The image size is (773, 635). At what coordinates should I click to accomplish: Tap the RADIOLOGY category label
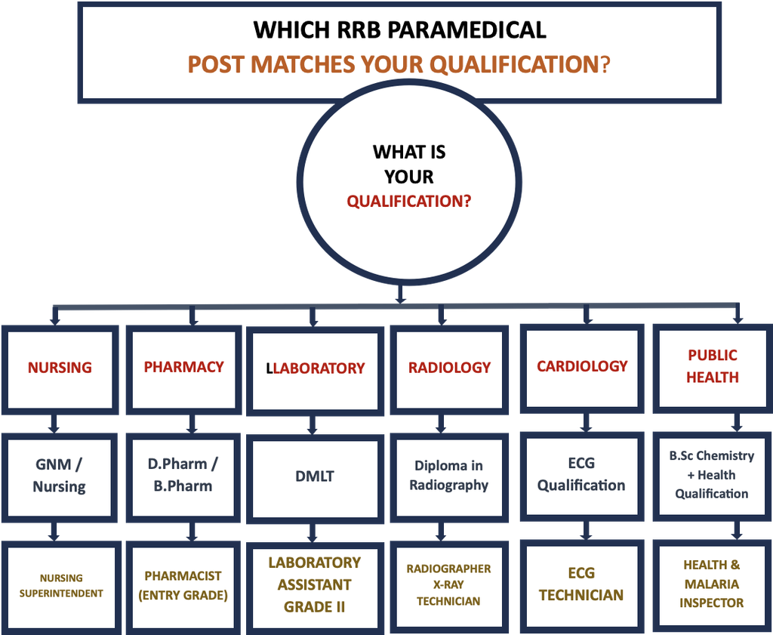449,367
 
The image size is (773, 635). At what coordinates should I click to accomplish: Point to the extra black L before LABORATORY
269,368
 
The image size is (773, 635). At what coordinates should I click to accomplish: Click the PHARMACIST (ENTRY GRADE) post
183,586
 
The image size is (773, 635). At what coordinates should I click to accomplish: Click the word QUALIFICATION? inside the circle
408,202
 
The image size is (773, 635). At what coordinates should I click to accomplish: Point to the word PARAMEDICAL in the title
467,30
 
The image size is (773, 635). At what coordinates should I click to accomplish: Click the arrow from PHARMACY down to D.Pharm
192,424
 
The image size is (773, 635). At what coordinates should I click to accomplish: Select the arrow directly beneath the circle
400,294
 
